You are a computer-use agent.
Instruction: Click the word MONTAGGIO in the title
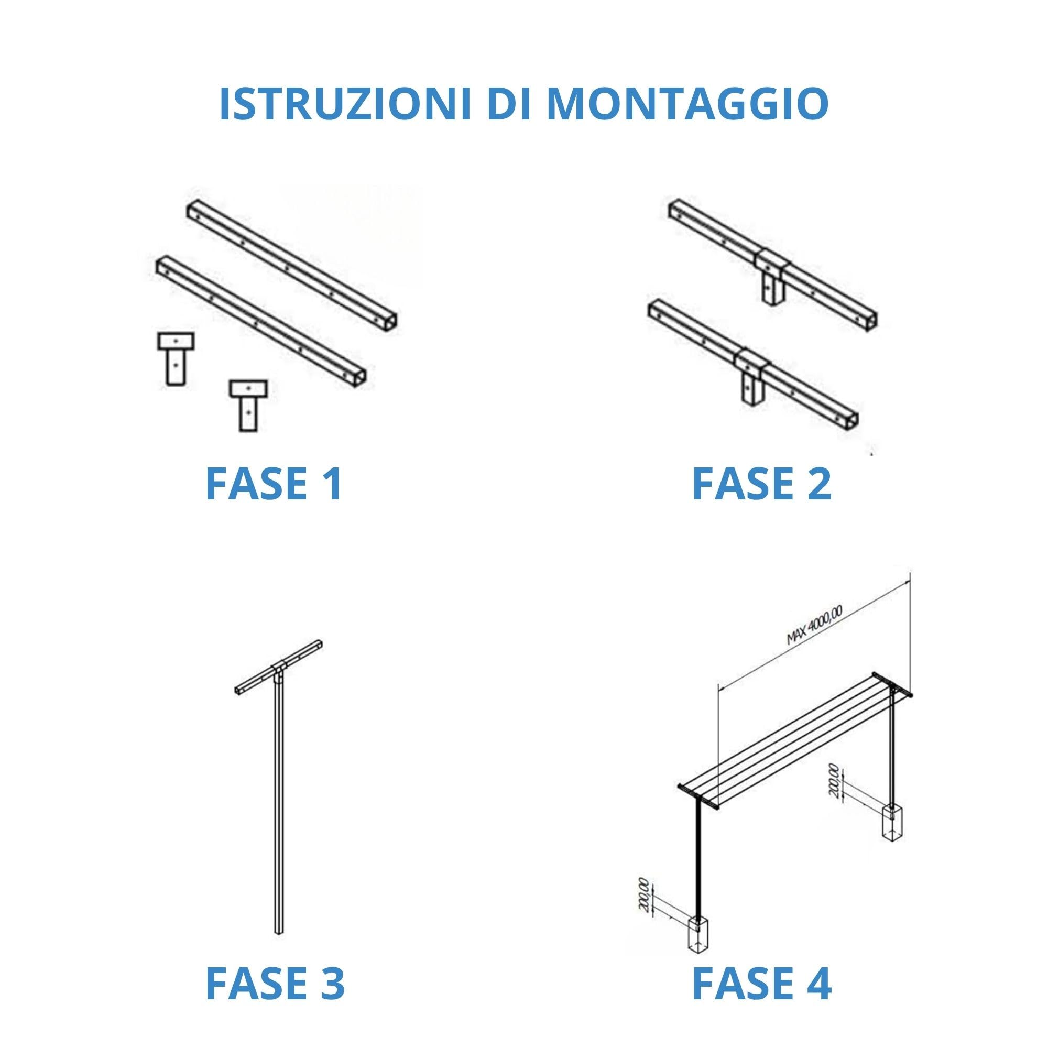[x=687, y=104]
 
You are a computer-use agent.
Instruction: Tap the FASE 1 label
[x=274, y=484]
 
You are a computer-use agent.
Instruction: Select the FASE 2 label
[x=761, y=484]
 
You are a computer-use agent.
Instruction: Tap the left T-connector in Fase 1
[x=176, y=358]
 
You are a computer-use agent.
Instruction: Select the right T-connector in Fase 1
[x=248, y=405]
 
